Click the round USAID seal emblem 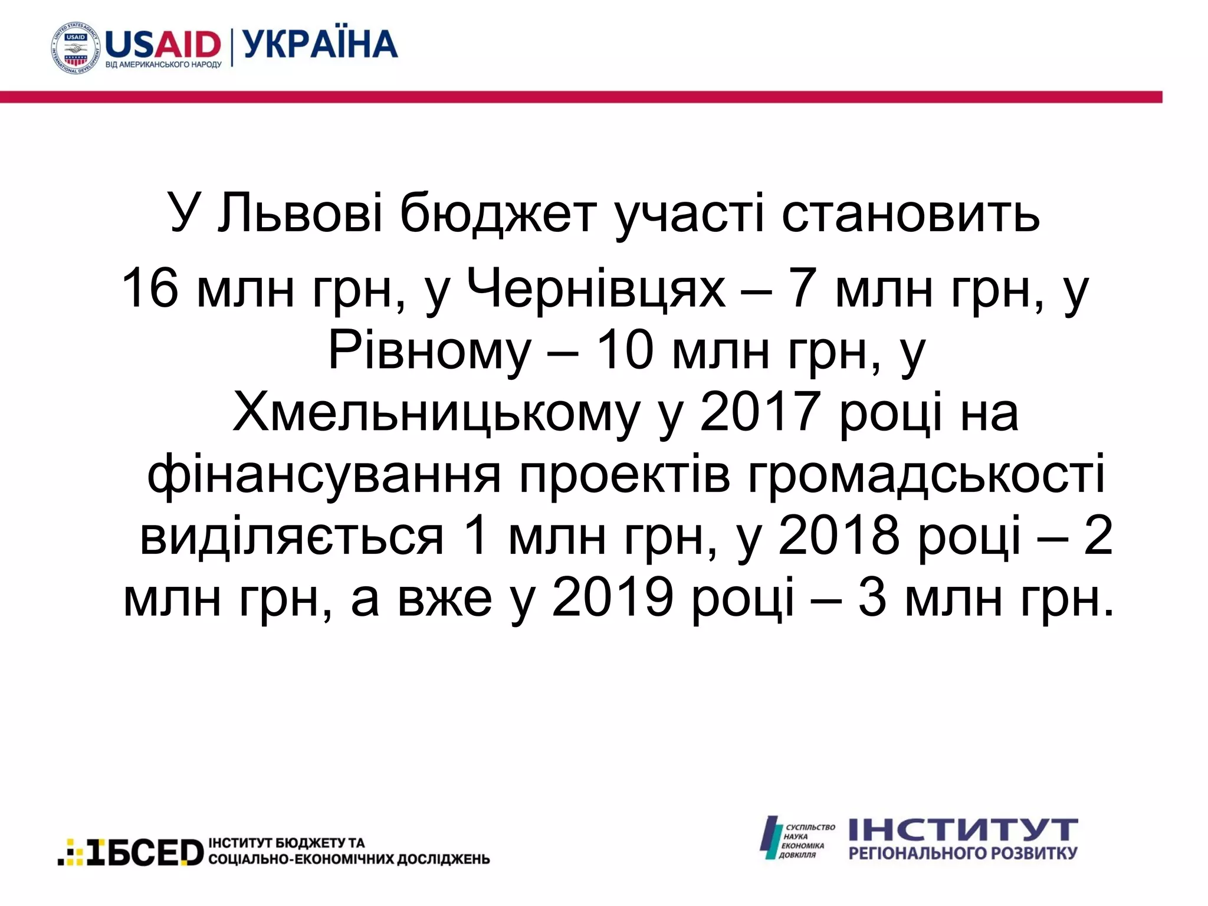point(75,48)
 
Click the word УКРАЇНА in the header point(320,45)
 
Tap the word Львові point(300,212)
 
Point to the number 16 point(149,288)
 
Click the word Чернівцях point(596,289)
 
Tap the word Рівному point(429,352)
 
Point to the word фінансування point(324,475)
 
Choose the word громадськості point(926,475)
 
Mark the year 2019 point(612,598)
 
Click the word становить point(911,212)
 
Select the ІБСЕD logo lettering point(145,852)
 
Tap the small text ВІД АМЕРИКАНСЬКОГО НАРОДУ point(163,64)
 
